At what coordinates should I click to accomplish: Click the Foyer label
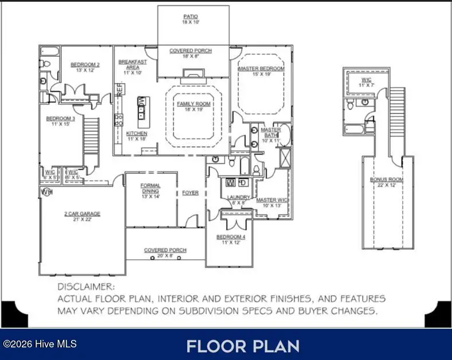coord(190,193)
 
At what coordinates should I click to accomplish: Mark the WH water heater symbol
coord(46,192)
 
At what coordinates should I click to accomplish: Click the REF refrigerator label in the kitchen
coord(120,89)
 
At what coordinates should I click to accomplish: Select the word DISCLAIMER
coord(86,286)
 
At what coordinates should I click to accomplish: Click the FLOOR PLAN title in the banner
coord(243,346)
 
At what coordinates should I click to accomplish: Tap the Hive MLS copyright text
coord(40,344)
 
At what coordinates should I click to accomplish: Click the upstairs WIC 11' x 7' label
coord(367,82)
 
